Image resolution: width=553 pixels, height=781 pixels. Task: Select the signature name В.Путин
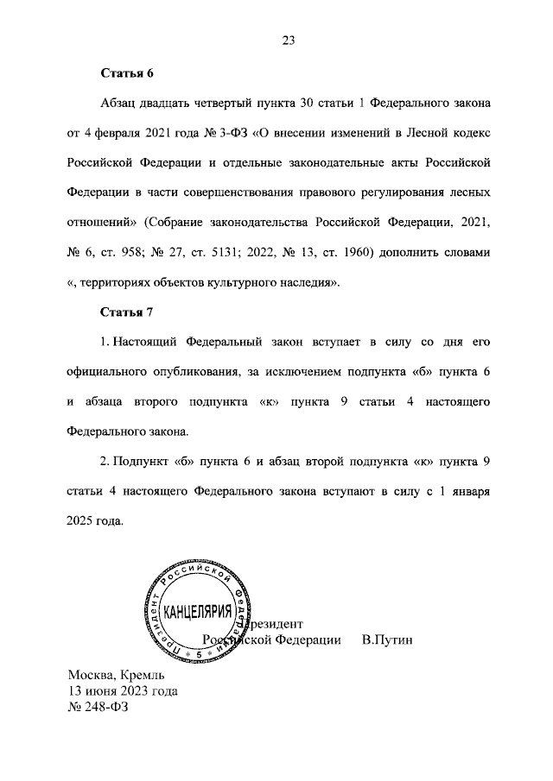click(x=388, y=640)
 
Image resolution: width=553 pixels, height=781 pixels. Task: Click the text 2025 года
click(x=95, y=522)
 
